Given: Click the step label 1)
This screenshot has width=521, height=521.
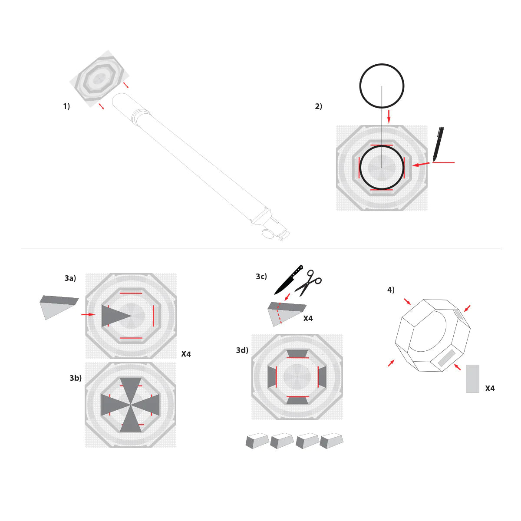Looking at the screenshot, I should [x=66, y=106].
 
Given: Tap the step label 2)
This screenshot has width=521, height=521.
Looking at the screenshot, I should [x=319, y=106].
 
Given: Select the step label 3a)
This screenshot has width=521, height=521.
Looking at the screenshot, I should [x=70, y=278].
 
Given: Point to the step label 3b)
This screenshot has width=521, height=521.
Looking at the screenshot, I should [x=76, y=378].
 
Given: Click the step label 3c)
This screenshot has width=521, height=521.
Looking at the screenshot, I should [x=261, y=277].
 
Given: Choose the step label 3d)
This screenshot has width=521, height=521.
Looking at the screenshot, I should [x=242, y=350].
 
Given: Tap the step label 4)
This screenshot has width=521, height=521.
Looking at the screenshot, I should [x=391, y=290].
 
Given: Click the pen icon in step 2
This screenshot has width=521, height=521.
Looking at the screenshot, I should [x=438, y=144].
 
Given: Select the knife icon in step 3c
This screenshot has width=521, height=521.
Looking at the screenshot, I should [x=288, y=280].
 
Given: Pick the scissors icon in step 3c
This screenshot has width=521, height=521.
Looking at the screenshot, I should [x=309, y=282].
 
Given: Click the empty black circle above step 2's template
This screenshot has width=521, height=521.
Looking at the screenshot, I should [x=382, y=86].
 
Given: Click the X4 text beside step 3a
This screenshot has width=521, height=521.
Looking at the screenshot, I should [x=186, y=354].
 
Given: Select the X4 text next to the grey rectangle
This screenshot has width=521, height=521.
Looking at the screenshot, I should [x=490, y=389].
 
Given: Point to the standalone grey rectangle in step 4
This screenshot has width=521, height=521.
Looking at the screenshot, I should [x=472, y=379].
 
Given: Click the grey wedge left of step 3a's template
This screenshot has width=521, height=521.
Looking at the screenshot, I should [x=57, y=306].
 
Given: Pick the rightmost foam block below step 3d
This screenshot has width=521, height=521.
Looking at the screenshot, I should [x=331, y=441].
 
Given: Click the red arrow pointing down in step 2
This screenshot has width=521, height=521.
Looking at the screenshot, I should [x=389, y=116].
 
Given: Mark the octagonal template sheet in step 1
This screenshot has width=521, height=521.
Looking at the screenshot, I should [x=99, y=79].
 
